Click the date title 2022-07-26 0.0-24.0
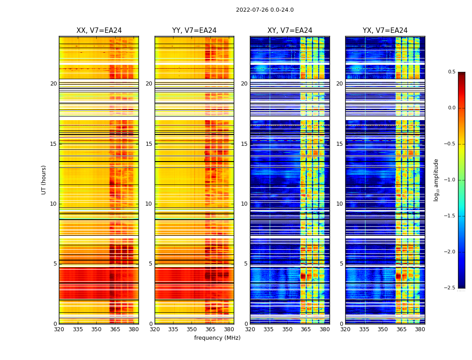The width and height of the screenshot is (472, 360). tap(265, 10)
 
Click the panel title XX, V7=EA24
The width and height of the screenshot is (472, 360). tap(99, 31)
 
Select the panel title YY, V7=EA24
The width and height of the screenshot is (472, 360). tap(194, 31)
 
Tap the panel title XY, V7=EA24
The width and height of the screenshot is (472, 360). tap(290, 31)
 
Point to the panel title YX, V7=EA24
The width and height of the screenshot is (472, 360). tap(385, 31)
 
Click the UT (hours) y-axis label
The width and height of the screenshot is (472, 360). tap(44, 180)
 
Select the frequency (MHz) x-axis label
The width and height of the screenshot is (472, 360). tap(217, 338)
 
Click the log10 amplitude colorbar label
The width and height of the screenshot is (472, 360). tap(436, 180)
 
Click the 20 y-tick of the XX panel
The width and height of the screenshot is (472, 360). tap(53, 84)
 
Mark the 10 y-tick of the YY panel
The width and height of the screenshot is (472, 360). tap(149, 204)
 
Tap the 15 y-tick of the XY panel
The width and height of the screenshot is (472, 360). tap(244, 144)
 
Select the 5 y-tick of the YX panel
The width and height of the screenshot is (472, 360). tap(341, 264)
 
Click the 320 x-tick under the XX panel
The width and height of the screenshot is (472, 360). tap(59, 329)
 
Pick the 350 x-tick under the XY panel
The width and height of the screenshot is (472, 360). tap(287, 329)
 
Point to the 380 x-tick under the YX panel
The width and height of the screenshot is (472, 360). tap(420, 329)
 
